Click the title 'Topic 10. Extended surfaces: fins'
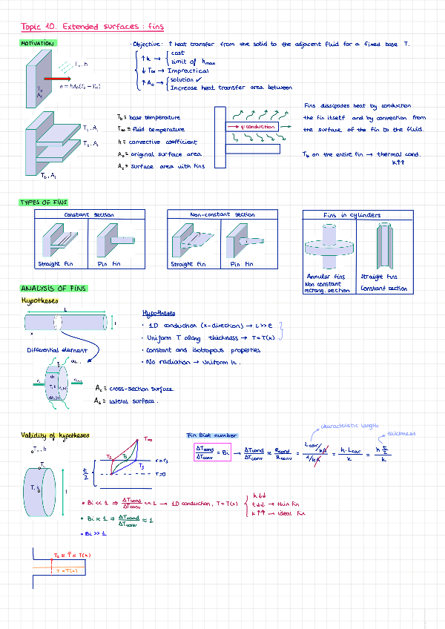pyautogui.click(x=93, y=27)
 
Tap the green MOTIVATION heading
pyautogui.click(x=37, y=44)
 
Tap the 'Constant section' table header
pyautogui.click(x=89, y=214)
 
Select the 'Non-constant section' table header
pyautogui.click(x=222, y=214)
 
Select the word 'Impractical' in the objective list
pyautogui.click(x=188, y=71)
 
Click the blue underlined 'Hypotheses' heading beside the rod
pyautogui.click(x=158, y=313)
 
